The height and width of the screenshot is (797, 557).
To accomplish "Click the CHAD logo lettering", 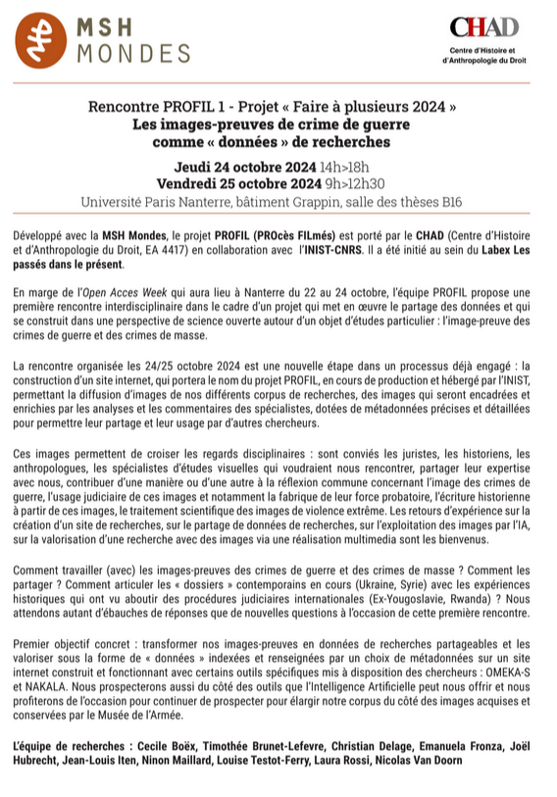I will tap(483, 27).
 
